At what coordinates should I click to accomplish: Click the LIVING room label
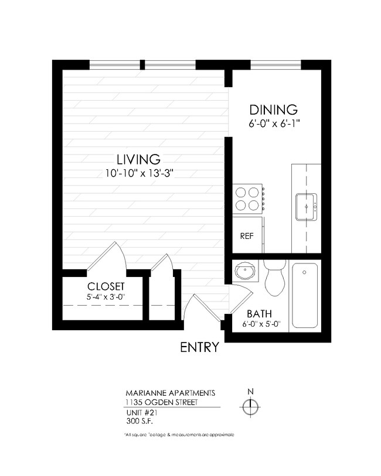point(138,159)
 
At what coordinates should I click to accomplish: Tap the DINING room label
point(274,109)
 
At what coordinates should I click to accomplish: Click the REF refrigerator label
point(246,237)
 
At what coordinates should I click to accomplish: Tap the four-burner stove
point(247,198)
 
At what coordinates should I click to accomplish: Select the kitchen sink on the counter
point(305,206)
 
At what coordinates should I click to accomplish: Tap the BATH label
point(258,313)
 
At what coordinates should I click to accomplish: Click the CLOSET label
point(106,286)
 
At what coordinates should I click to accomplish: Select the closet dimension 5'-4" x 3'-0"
point(106,296)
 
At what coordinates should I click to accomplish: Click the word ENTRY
point(199,347)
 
